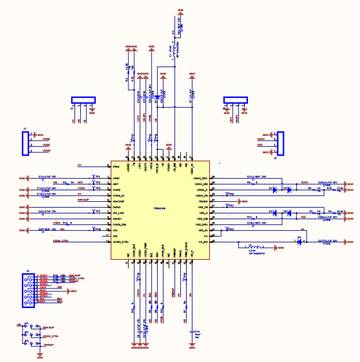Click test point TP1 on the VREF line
pos(94,176)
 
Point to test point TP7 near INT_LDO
pos(94,212)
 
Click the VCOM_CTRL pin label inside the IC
pos(121,241)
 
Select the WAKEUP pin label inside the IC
pos(118,201)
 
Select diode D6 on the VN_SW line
pos(299,241)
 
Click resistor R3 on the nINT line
pos(68,183)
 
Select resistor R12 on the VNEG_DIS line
pos(68,224)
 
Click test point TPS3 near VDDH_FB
pos(227,194)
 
